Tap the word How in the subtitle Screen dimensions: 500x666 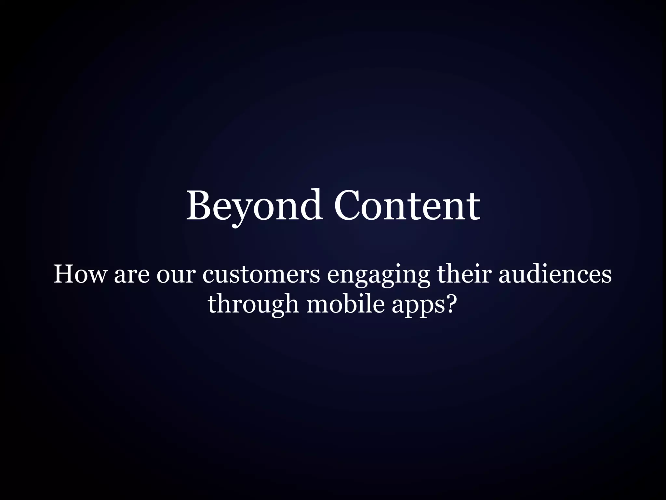click(80, 274)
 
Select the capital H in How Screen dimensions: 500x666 click(64, 274)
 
